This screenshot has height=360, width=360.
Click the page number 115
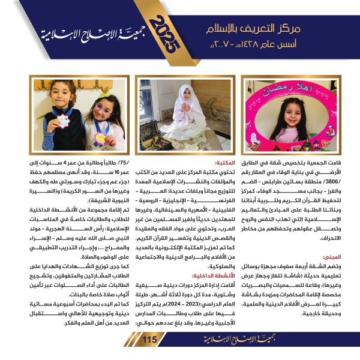point(149,340)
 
